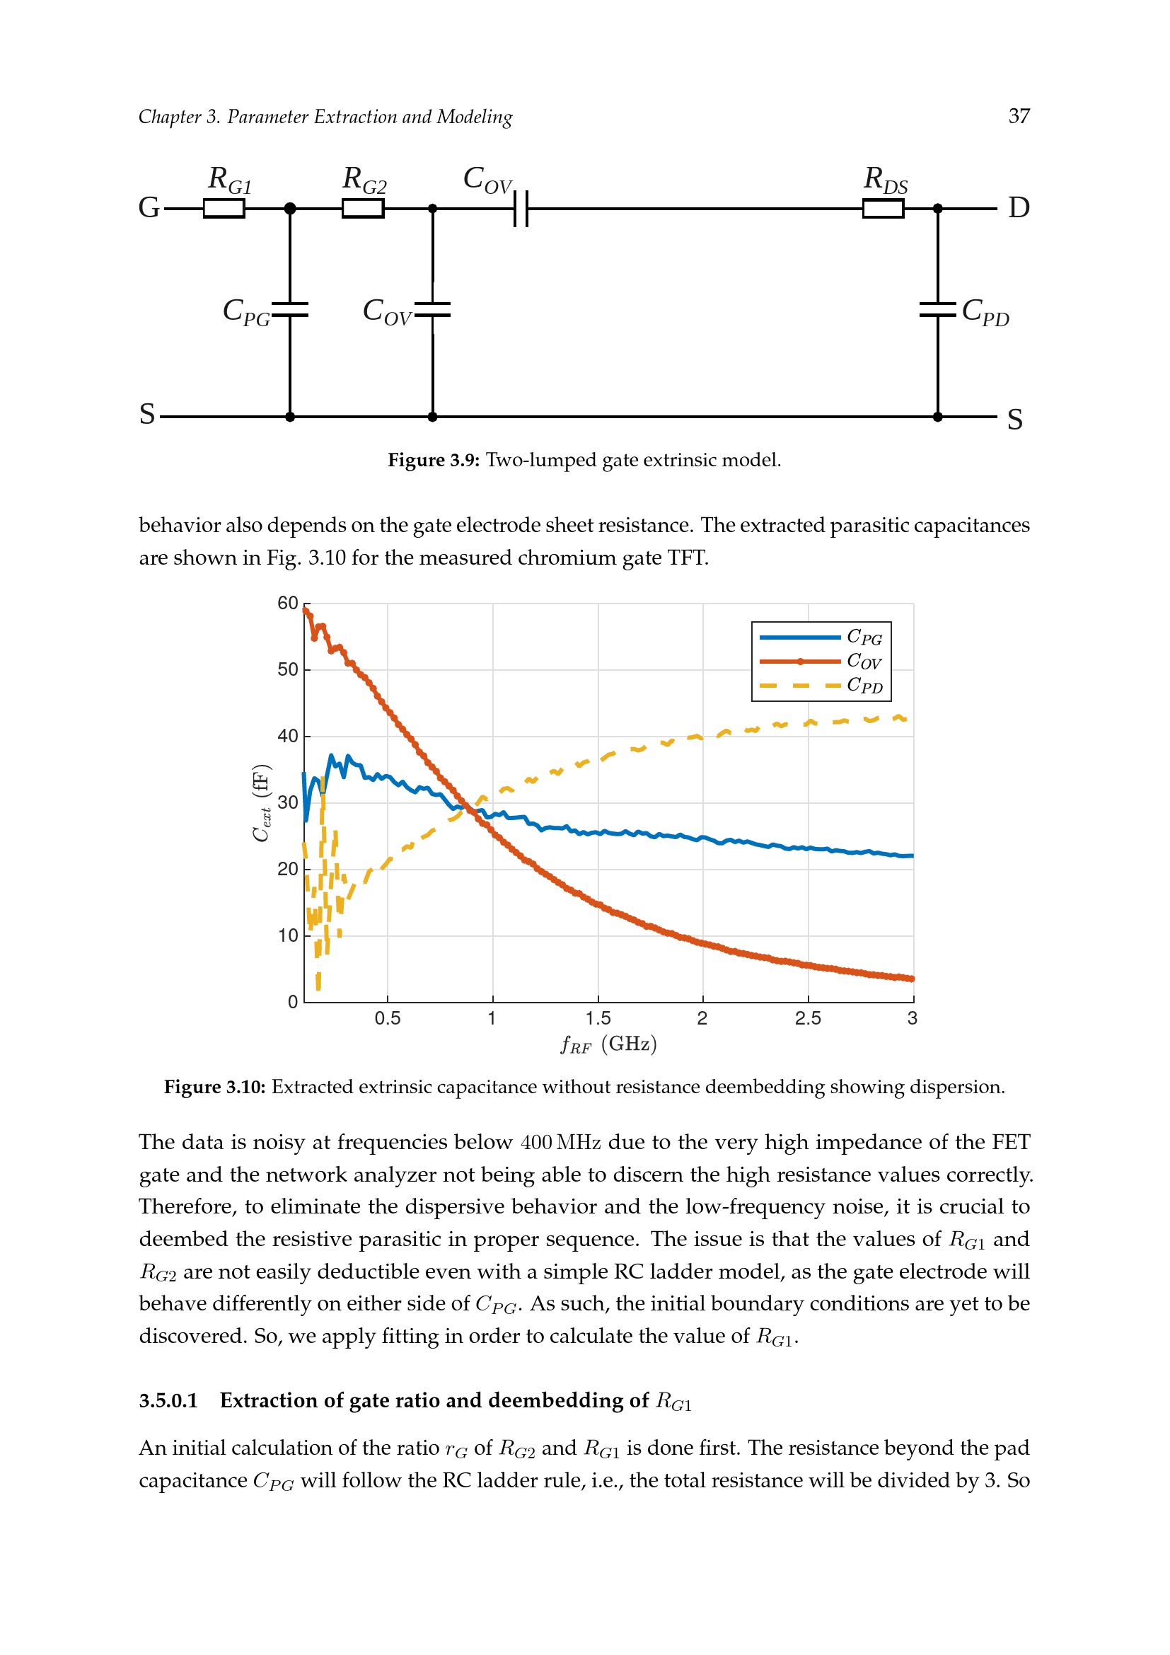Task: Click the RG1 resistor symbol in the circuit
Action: coord(224,208)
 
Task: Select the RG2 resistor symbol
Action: coord(362,208)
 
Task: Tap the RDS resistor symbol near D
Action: coord(884,208)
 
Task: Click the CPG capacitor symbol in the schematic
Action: coord(289,310)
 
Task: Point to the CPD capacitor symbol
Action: coord(937,310)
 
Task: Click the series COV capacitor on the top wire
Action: coord(521,208)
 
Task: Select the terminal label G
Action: coord(149,207)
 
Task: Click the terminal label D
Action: coord(1019,207)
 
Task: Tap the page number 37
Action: coord(1019,116)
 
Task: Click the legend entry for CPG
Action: coord(821,638)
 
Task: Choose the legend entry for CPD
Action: coord(821,686)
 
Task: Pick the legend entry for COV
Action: coord(821,661)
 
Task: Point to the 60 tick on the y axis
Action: coord(287,604)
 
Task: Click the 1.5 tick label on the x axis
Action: coord(597,1018)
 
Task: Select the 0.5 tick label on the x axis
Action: coord(387,1018)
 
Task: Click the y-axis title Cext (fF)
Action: coord(261,802)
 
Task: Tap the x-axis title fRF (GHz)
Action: coord(609,1044)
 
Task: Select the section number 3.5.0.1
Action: coord(168,1400)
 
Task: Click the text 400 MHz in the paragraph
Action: coord(560,1143)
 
